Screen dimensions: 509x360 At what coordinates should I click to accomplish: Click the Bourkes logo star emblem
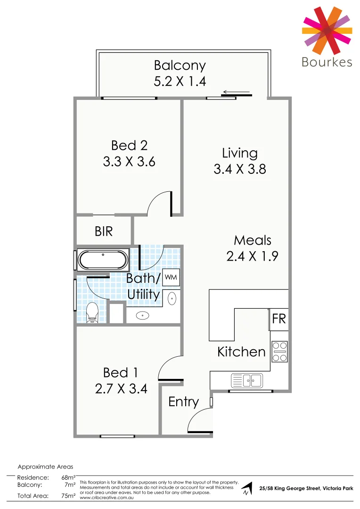pyautogui.click(x=326, y=30)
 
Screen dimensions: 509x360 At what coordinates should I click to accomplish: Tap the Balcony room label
pyautogui.click(x=180, y=66)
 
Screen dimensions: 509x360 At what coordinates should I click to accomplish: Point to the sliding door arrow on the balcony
pyautogui.click(x=237, y=92)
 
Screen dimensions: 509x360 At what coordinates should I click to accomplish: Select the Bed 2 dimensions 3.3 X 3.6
pyautogui.click(x=129, y=162)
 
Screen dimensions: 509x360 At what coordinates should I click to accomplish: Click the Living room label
pyautogui.click(x=240, y=153)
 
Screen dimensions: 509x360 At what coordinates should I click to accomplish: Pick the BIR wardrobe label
pyautogui.click(x=104, y=231)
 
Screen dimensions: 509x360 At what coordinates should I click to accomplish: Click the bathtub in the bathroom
pyautogui.click(x=102, y=260)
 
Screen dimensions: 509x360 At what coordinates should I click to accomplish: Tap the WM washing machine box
pyautogui.click(x=171, y=278)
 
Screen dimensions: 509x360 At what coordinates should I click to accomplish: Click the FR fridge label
pyautogui.click(x=279, y=319)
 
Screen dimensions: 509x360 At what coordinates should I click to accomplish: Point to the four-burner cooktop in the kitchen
pyautogui.click(x=279, y=352)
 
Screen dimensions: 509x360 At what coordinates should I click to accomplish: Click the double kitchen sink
pyautogui.click(x=246, y=379)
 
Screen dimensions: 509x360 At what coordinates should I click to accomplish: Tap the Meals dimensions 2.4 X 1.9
pyautogui.click(x=253, y=256)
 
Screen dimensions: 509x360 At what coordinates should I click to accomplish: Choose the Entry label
pyautogui.click(x=183, y=402)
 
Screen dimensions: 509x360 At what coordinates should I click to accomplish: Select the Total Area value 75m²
pyautogui.click(x=69, y=496)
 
